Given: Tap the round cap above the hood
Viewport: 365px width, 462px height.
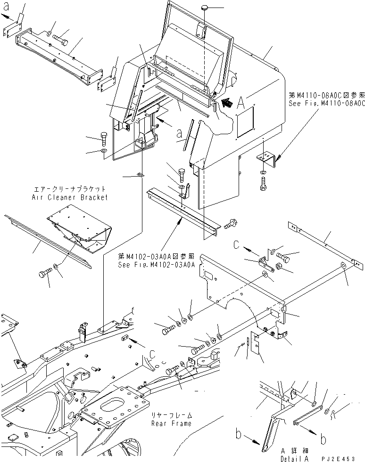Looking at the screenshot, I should tap(206, 8).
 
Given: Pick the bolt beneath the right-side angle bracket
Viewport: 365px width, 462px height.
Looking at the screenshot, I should tap(263, 184).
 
